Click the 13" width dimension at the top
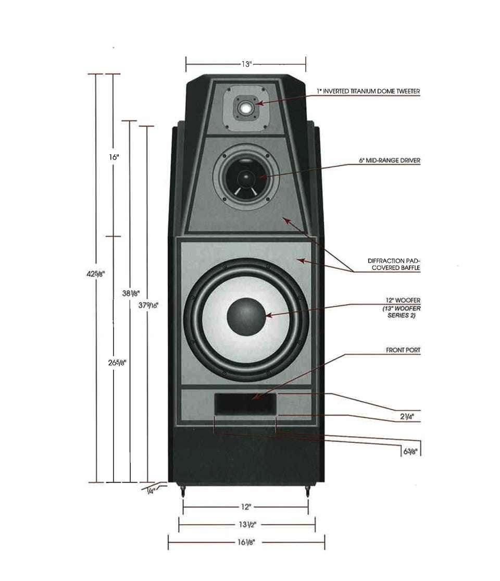pyautogui.click(x=246, y=64)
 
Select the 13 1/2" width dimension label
pyautogui.click(x=247, y=524)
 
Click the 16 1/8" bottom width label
pyautogui.click(x=246, y=542)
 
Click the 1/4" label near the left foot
pyautogui.click(x=150, y=490)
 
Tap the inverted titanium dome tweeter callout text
pyautogui.click(x=368, y=91)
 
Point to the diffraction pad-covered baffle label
pyautogui.click(x=393, y=264)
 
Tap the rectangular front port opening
pyautogui.click(x=245, y=404)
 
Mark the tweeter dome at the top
pyautogui.click(x=245, y=108)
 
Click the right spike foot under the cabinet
pyautogui.click(x=307, y=491)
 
